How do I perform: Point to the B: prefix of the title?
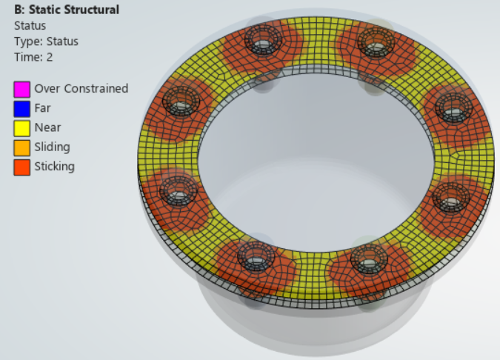[x=20, y=10]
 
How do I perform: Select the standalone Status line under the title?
[x=30, y=25]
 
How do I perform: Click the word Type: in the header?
[x=29, y=41]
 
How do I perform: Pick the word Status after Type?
[x=62, y=41]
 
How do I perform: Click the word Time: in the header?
[x=29, y=57]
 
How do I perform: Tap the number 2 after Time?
[x=50, y=57]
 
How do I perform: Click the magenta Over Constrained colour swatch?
[x=22, y=90]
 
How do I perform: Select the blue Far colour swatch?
[x=22, y=109]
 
